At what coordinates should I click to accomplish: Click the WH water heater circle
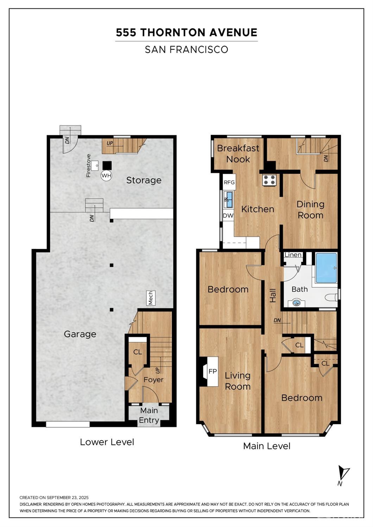[106, 176]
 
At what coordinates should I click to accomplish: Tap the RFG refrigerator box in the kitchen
[229, 182]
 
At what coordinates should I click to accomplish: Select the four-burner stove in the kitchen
[269, 179]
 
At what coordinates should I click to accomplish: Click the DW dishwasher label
[228, 216]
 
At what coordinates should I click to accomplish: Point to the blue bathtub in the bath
[326, 268]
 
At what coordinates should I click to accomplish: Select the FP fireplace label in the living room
[213, 371]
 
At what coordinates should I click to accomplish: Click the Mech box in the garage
[151, 298]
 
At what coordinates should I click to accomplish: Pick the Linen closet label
[293, 255]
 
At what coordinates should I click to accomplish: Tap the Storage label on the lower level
[144, 180]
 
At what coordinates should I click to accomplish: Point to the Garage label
[80, 334]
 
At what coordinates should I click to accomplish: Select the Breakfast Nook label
[238, 154]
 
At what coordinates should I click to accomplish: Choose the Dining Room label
[310, 210]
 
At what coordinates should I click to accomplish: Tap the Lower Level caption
[107, 442]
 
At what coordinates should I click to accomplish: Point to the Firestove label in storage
[88, 166]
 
